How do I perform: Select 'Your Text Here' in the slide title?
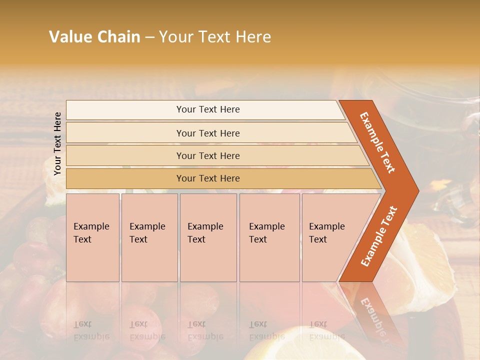click(215, 37)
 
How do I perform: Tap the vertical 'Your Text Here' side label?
click(57, 143)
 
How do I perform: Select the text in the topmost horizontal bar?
click(208, 109)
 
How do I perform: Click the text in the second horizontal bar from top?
click(208, 133)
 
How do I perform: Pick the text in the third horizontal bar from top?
click(208, 156)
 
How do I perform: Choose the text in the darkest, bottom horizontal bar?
click(208, 178)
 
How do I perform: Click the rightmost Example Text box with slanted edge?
click(327, 233)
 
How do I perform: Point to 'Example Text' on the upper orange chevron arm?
click(377, 142)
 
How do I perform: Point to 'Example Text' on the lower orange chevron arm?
click(379, 236)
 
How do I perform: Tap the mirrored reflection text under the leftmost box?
click(91, 330)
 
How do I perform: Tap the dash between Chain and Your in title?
click(149, 37)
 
